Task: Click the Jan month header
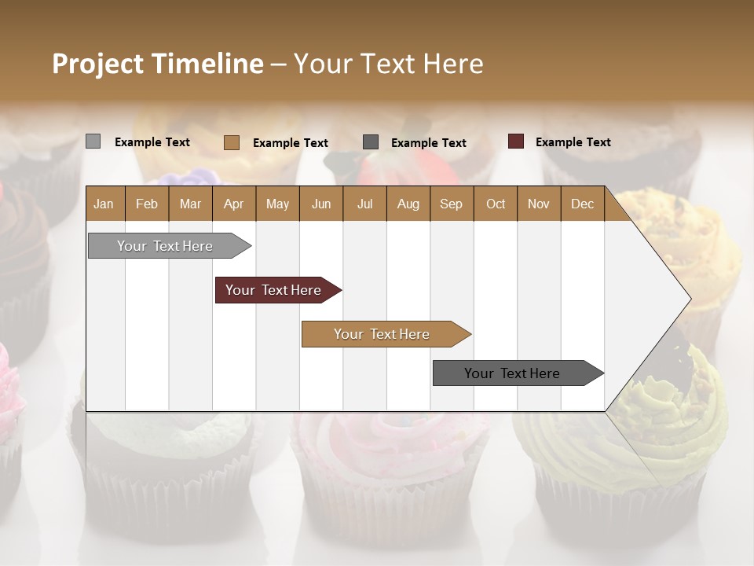[104, 204]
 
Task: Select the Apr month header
[233, 204]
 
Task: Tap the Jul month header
[364, 204]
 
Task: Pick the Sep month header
[451, 204]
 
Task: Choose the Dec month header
[582, 204]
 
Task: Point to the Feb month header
[147, 204]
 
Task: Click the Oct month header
[496, 204]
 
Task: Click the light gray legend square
[93, 141]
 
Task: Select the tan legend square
[232, 142]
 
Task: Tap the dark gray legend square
[371, 141]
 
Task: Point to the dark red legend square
[515, 141]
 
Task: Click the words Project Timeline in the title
[158, 64]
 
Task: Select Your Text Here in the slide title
[388, 64]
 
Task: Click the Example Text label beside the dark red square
[573, 142]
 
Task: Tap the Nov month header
[539, 204]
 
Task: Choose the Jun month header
[321, 204]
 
